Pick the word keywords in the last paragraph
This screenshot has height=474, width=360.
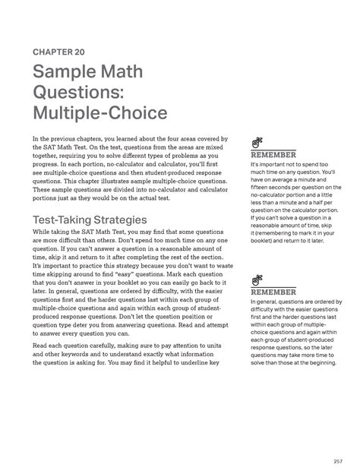point(86,354)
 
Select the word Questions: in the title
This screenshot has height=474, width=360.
point(81,94)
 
